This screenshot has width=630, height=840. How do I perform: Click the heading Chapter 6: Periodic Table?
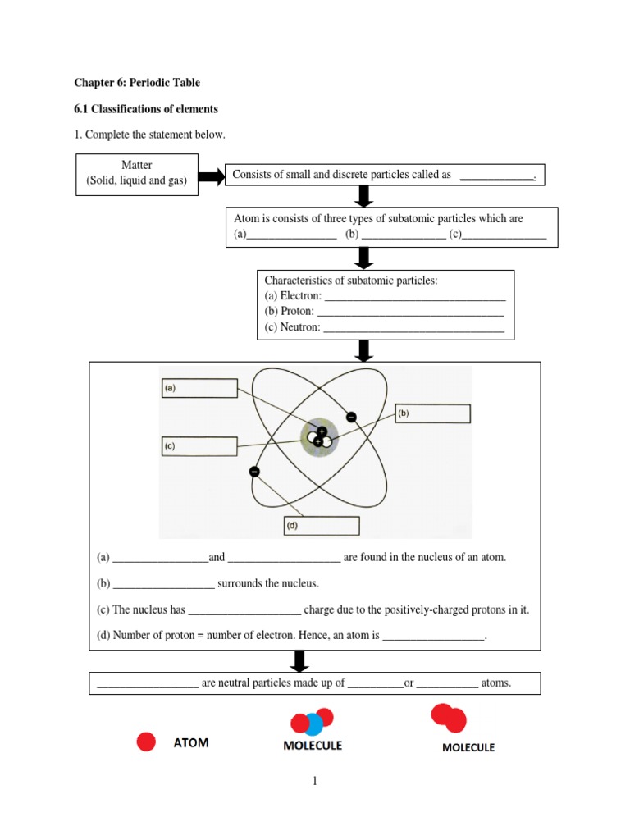[137, 83]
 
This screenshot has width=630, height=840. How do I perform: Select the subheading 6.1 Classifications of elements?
[146, 108]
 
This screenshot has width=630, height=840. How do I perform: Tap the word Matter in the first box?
[137, 166]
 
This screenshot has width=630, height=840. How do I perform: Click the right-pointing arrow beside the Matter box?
[211, 176]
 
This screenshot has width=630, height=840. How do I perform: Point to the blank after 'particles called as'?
[496, 176]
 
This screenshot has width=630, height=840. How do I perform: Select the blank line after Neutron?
[413, 327]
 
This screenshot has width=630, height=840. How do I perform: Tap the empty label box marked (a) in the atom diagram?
[199, 388]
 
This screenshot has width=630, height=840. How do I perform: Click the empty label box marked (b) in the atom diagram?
[433, 414]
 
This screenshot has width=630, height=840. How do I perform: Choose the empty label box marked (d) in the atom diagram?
[321, 526]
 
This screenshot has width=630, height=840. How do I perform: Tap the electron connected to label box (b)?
[351, 417]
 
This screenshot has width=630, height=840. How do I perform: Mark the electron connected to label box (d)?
[254, 472]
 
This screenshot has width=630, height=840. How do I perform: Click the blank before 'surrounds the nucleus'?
[164, 584]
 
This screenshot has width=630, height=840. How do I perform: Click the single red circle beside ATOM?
[146, 742]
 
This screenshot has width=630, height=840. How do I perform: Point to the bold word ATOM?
[191, 743]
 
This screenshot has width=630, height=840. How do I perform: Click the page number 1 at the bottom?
[314, 782]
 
